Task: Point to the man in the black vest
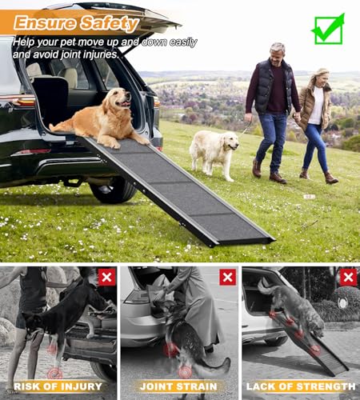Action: click(271, 104)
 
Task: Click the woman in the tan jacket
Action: click(315, 119)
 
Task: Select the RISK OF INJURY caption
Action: click(58, 386)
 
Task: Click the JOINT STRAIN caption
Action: click(179, 386)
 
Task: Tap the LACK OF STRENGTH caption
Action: click(300, 386)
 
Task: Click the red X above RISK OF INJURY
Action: click(106, 277)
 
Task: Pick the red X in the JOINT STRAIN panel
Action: click(227, 277)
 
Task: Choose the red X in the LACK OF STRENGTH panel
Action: click(348, 277)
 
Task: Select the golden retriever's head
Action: click(121, 100)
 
